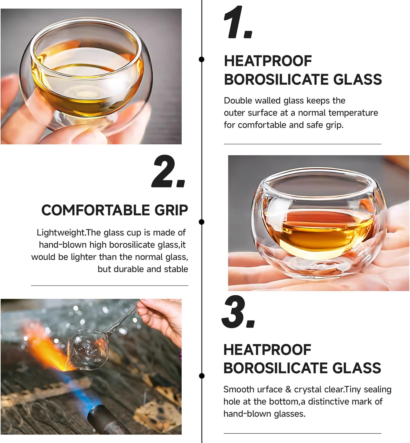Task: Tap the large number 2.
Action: point(164,172)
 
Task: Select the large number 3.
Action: point(234,312)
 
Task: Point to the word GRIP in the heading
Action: point(171,210)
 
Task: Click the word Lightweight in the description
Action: point(61,233)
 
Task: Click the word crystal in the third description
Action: point(306,390)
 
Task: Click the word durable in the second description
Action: point(129,269)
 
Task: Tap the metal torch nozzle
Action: point(106,419)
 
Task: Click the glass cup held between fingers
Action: point(87,77)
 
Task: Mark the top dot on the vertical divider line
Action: point(202,59)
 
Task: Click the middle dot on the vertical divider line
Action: point(202,222)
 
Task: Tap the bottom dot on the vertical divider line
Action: point(202,376)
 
